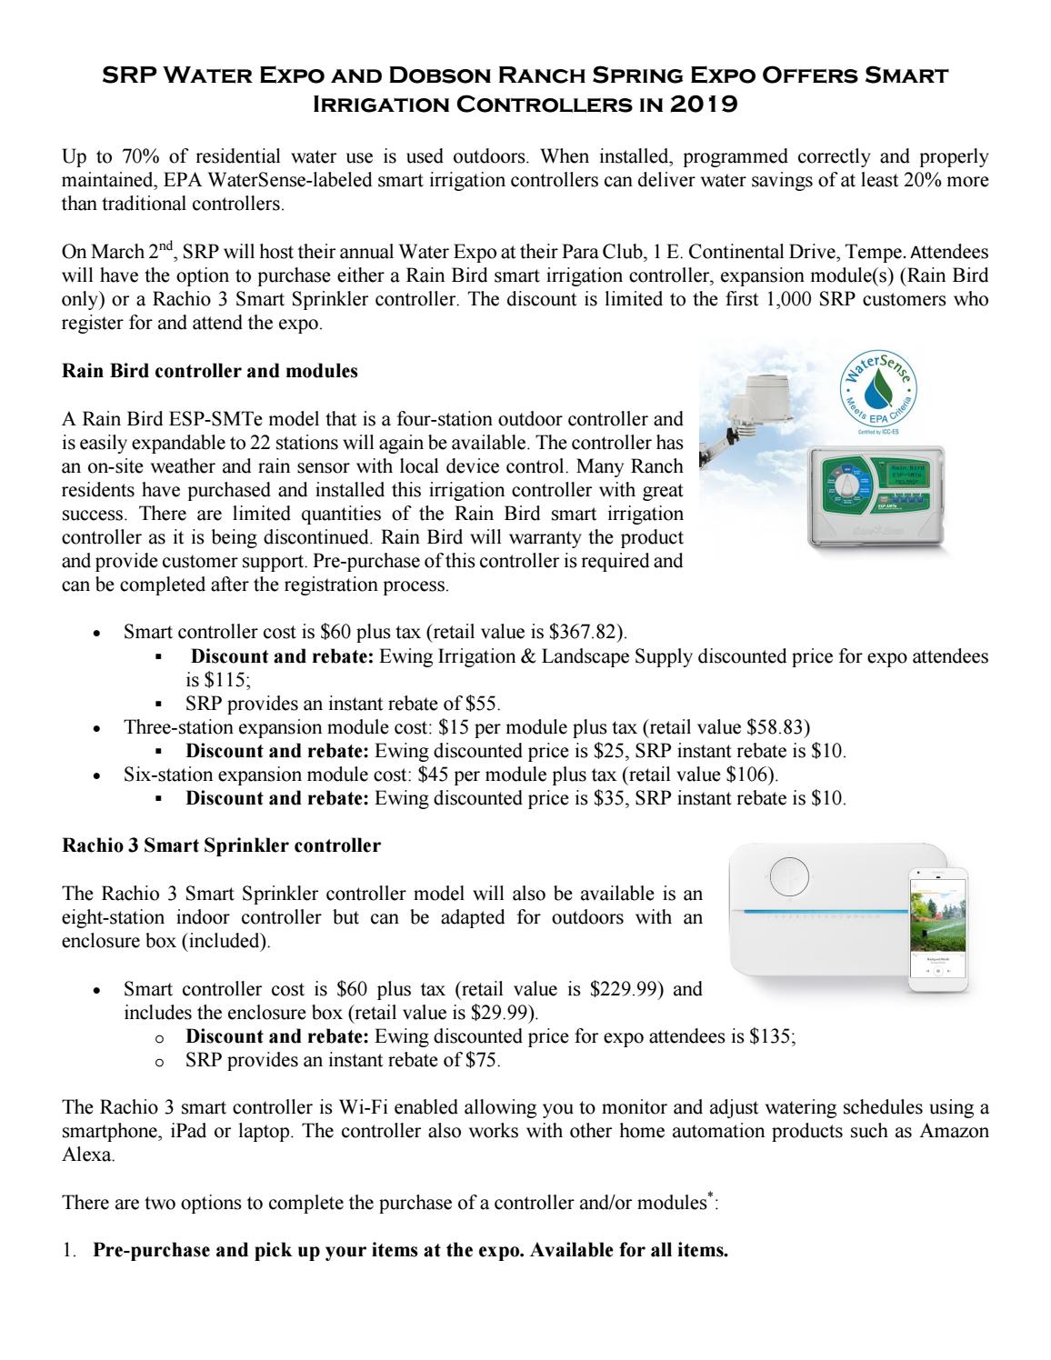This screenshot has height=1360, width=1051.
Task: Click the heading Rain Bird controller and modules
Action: click(209, 371)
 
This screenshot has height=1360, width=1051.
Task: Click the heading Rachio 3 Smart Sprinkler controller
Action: click(221, 845)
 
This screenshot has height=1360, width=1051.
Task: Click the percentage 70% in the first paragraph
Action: click(120, 156)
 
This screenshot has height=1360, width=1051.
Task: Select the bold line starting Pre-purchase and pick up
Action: click(410, 1250)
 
